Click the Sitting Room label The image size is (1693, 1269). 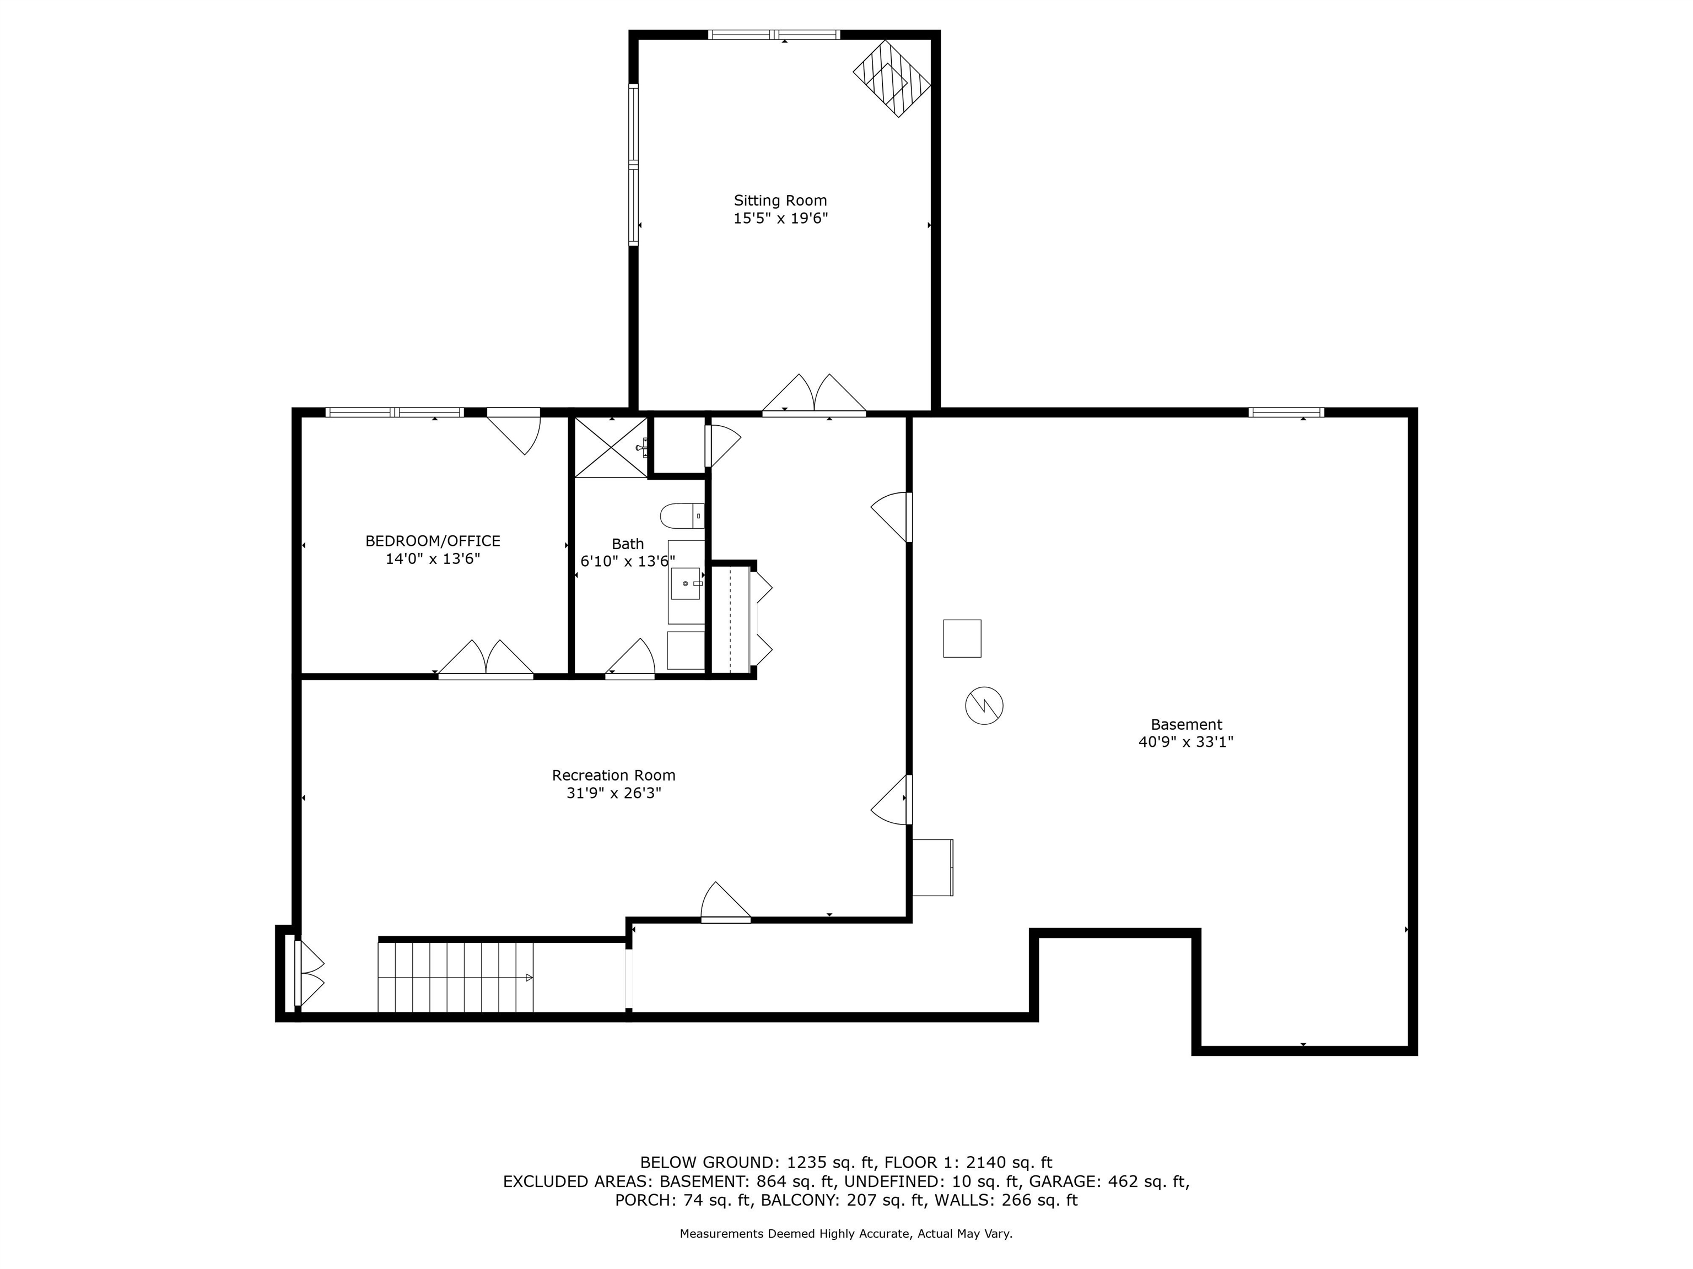(780, 200)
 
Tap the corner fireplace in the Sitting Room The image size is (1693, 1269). (892, 78)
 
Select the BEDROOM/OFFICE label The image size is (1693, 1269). (433, 541)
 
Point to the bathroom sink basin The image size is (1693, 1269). (686, 584)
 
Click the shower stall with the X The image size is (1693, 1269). (611, 447)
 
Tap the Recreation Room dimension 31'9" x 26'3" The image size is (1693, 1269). (614, 793)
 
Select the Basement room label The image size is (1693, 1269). (1187, 724)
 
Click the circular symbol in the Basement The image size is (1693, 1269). (984, 705)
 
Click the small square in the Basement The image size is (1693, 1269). (962, 638)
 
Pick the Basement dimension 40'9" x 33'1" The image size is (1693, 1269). (1187, 742)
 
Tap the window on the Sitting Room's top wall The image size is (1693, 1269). (774, 34)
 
